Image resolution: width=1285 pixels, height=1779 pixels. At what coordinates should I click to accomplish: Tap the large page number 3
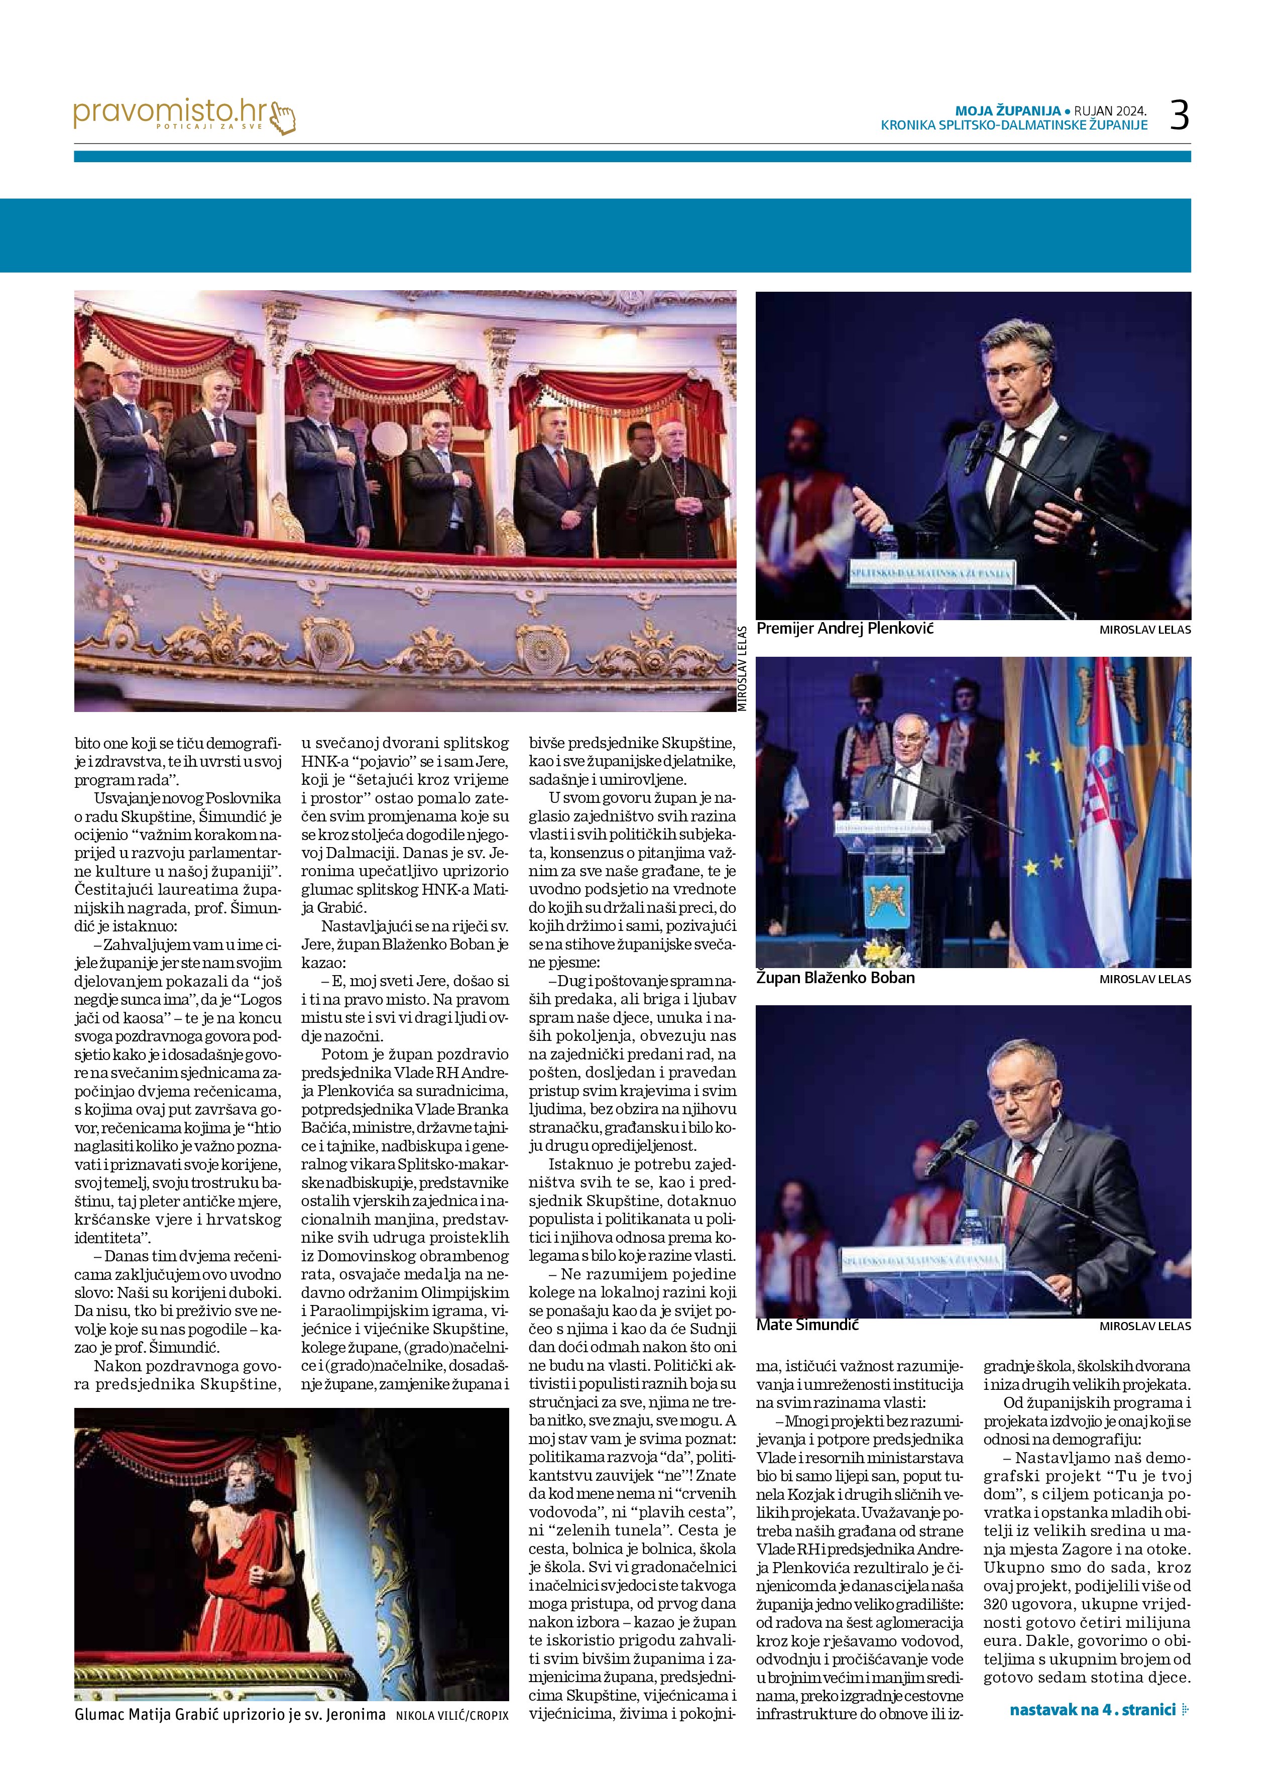1179,115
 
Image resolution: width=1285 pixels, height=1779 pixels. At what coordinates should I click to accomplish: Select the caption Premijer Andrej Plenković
845,629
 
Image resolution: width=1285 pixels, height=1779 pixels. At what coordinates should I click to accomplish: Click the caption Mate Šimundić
807,1325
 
